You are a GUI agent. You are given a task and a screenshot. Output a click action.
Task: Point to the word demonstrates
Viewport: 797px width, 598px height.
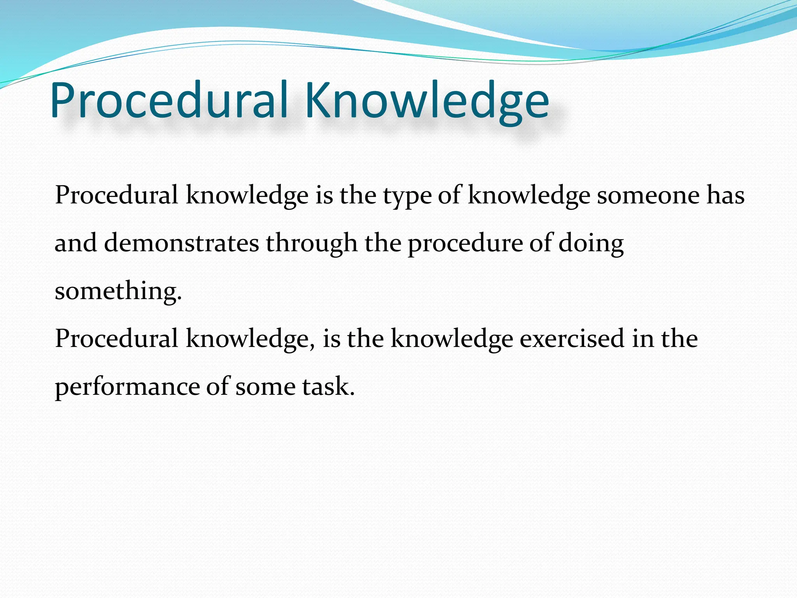181,243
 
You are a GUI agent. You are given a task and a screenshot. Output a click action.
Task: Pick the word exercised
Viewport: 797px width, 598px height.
572,338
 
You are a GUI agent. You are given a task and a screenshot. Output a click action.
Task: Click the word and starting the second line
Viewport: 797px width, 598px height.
75,243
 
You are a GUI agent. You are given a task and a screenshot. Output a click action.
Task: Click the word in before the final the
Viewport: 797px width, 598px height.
643,338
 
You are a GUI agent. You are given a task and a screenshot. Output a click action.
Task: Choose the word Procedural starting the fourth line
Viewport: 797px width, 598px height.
116,338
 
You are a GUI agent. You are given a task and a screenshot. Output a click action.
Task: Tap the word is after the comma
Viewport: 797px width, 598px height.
332,338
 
